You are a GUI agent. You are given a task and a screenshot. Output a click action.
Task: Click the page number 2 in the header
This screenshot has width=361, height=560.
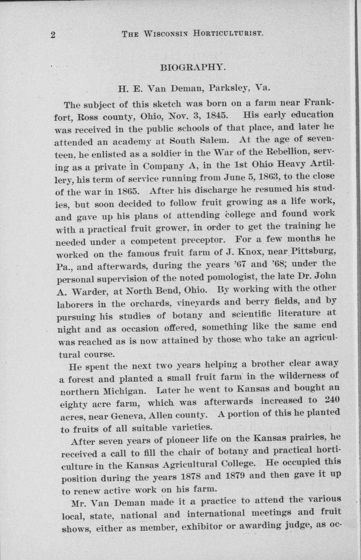tap(53, 34)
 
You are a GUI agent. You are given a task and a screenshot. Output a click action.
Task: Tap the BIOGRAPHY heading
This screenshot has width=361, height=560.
tap(193, 67)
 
